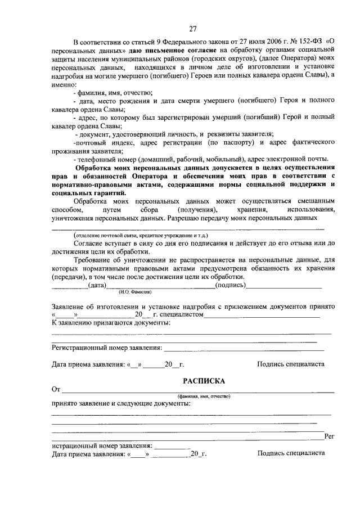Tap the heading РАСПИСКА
(x=192, y=381)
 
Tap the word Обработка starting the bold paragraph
(x=96, y=169)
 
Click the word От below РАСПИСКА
(x=56, y=389)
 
